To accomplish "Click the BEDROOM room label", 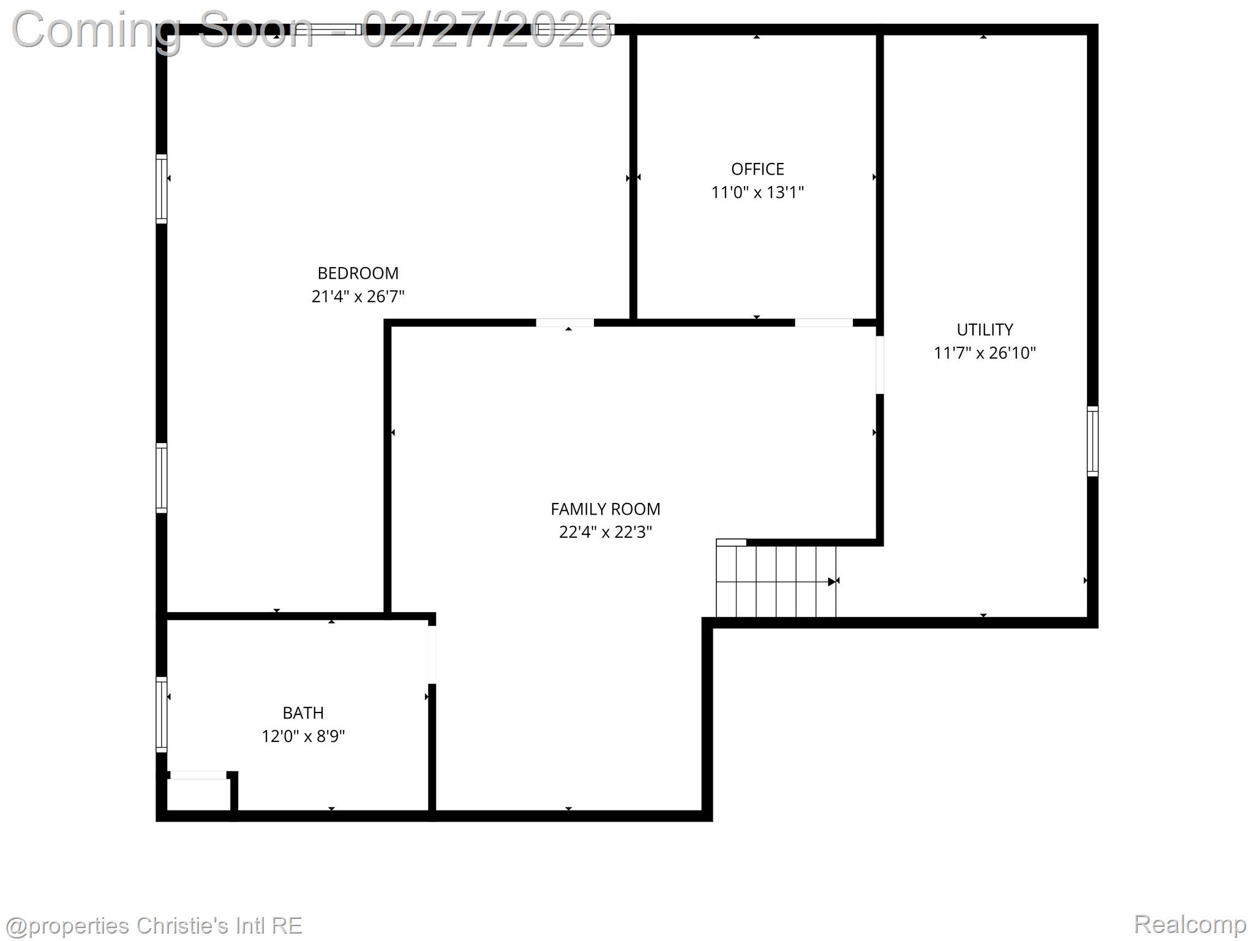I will coord(358,273).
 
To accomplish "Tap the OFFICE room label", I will coord(757,169).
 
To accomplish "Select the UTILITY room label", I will coord(985,330).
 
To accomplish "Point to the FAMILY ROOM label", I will coord(605,509).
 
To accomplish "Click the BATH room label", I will coord(303,713).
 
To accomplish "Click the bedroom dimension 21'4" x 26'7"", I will coord(358,297).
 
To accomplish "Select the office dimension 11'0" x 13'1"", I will coord(757,192).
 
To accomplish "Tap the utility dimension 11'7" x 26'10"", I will coord(985,353).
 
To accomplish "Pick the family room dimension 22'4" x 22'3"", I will coord(605,532).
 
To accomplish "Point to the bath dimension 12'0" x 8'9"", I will coord(303,736).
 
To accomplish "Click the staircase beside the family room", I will coord(776,581).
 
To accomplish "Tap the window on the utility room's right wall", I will coord(1092,441).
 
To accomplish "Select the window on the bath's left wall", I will coord(162,714).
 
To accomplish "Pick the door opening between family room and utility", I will coord(880,365).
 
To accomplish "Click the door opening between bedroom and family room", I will coord(565,323).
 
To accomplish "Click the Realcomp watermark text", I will coord(1190,924).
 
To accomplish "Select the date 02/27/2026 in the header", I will coord(487,29).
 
